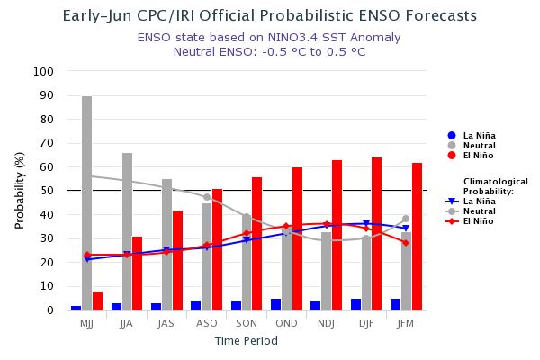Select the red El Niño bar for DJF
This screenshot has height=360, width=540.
tap(376, 233)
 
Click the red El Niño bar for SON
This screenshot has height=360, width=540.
tap(256, 243)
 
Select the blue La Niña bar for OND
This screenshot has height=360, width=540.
tap(275, 304)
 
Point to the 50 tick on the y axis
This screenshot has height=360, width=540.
tap(47, 191)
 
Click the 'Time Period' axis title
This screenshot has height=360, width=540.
tap(246, 341)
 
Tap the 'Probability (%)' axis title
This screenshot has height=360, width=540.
tap(20, 191)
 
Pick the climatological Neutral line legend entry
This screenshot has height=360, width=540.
tap(478, 211)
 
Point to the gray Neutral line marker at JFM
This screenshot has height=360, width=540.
tap(406, 219)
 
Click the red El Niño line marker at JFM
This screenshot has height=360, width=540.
tap(406, 243)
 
